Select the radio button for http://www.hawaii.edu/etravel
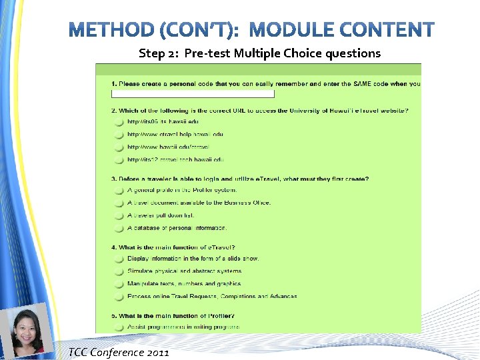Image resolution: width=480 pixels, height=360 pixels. pyautogui.click(x=118, y=147)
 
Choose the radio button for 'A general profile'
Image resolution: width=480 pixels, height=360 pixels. pyautogui.click(x=118, y=191)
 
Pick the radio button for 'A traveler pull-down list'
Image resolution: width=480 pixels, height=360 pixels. pyautogui.click(x=118, y=216)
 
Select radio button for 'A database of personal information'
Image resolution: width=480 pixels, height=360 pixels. pyautogui.click(x=118, y=229)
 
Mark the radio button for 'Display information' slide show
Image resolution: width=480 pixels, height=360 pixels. pyautogui.click(x=118, y=259)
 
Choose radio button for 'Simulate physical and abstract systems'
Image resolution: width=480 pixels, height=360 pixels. pyautogui.click(x=118, y=271)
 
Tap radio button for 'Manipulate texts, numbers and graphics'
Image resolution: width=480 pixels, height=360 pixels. pyautogui.click(x=118, y=284)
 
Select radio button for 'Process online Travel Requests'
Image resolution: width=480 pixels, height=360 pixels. pyautogui.click(x=118, y=297)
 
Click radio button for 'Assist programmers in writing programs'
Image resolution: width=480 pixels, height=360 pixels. pyautogui.click(x=118, y=327)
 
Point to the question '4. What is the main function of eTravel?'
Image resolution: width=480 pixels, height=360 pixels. pyautogui.click(x=173, y=248)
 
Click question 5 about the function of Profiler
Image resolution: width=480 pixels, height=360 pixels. pyautogui.click(x=173, y=316)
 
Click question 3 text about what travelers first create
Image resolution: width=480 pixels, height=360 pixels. pyautogui.click(x=240, y=179)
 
